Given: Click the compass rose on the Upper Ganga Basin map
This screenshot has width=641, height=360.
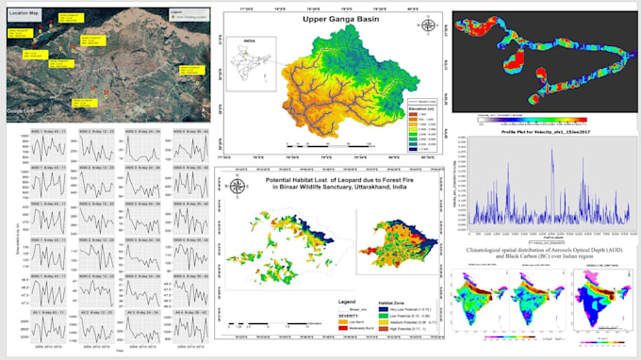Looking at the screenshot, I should pos(426,25).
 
